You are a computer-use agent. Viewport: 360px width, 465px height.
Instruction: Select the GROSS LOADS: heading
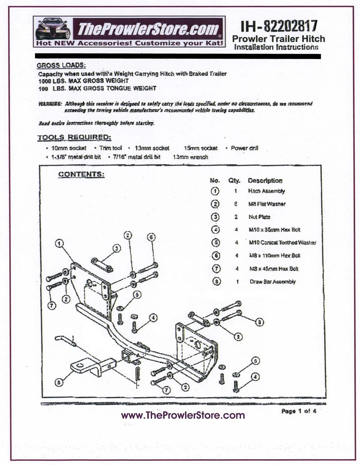[x=61, y=65]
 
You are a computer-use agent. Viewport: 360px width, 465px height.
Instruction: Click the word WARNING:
[x=50, y=104]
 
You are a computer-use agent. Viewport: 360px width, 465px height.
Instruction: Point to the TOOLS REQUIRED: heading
[x=74, y=137]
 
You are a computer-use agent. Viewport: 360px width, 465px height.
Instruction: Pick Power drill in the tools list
[x=244, y=148]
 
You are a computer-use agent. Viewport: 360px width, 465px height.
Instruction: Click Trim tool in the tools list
[x=110, y=148]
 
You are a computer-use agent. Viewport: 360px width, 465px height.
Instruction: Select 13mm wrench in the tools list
[x=190, y=157]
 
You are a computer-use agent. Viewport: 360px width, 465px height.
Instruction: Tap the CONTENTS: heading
[x=81, y=174]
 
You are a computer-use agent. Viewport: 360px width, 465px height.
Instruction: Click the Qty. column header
[x=234, y=180]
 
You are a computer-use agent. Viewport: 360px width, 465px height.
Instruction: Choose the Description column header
[x=265, y=180]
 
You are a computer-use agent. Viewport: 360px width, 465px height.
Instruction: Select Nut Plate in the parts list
[x=259, y=217]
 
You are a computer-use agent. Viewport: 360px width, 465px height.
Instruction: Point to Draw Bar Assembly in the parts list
[x=273, y=282]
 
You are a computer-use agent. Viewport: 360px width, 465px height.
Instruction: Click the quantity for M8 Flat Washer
[x=236, y=204]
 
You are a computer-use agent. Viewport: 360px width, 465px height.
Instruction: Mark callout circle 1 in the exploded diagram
[x=60, y=244]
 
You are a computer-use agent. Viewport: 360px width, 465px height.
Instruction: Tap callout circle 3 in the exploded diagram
[x=117, y=248]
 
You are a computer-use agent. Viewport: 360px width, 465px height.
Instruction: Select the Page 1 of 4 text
[x=299, y=412]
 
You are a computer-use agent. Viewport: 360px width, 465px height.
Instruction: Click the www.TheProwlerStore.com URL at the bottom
[x=183, y=415]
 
